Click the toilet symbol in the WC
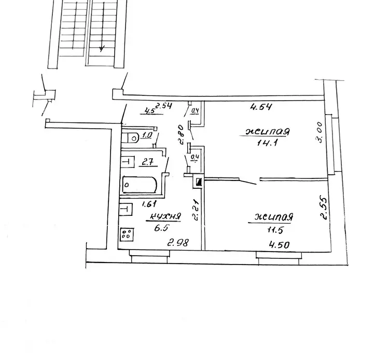(x=131, y=137)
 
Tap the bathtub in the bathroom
(x=140, y=185)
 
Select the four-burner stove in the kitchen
(x=127, y=234)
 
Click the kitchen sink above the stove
(x=126, y=209)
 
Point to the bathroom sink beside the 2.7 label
(x=128, y=162)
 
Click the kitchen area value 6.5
(x=161, y=228)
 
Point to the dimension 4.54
(x=261, y=107)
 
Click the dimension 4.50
(x=280, y=245)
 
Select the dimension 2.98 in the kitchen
(x=178, y=242)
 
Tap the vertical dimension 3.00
(x=319, y=132)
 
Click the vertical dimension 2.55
(x=324, y=208)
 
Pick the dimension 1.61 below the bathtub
(x=149, y=204)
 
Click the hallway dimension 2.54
(x=163, y=106)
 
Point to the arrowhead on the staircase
(x=102, y=49)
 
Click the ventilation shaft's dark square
(x=199, y=183)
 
